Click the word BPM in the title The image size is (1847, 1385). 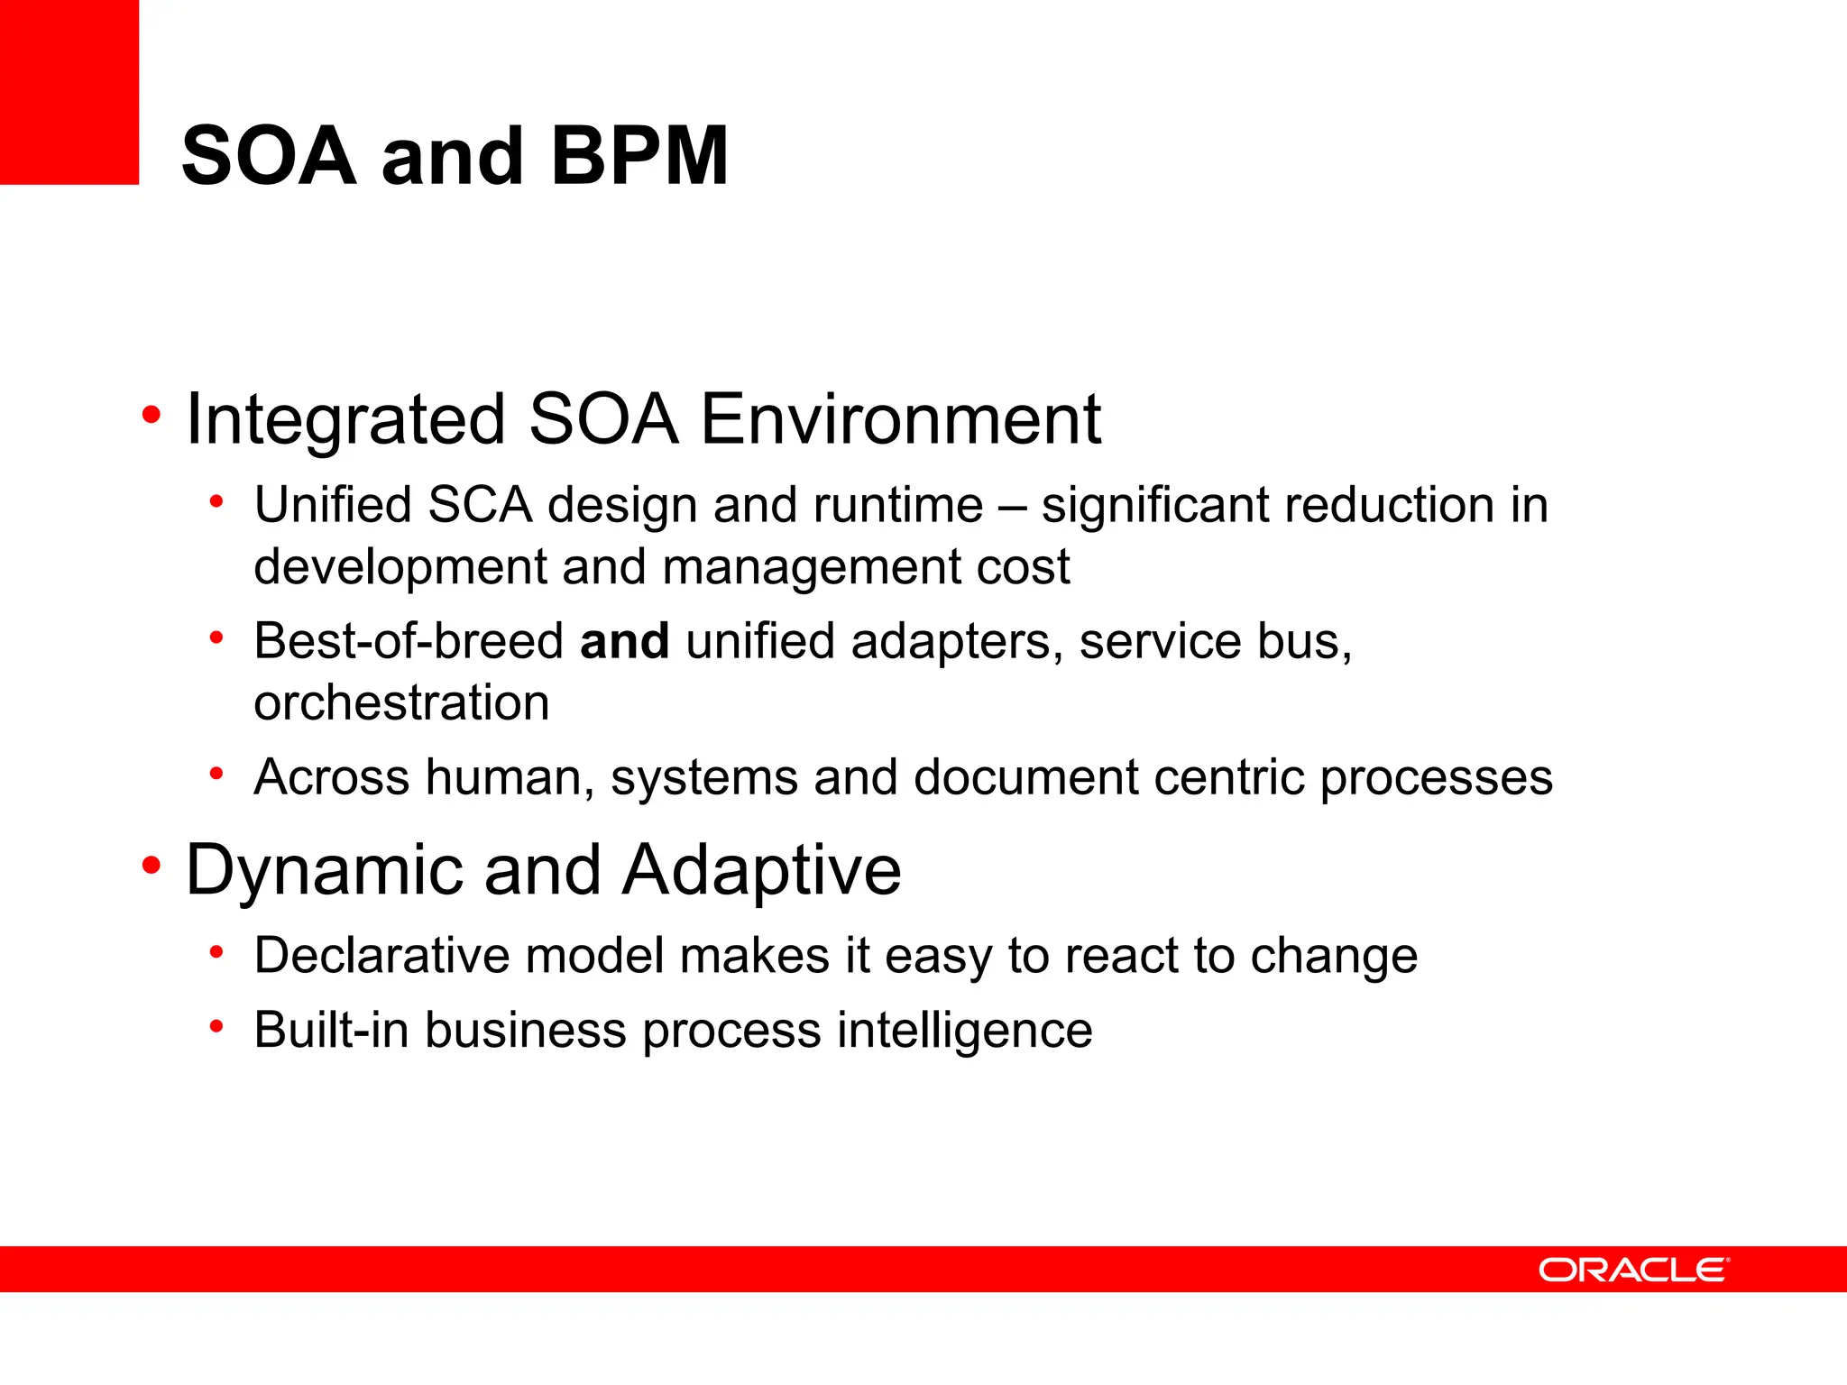point(639,156)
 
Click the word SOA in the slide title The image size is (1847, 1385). point(269,156)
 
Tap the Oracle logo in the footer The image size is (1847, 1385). point(1633,1270)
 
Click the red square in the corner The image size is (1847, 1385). point(69,91)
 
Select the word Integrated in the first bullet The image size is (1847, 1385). point(345,420)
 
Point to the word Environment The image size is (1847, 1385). point(900,420)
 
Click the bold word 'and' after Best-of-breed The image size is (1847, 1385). point(624,641)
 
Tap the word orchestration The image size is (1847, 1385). point(401,702)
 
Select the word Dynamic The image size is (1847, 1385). point(324,870)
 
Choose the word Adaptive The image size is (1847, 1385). point(762,870)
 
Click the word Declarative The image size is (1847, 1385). point(381,956)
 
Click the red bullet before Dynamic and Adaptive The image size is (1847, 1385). point(151,867)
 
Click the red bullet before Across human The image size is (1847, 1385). point(216,774)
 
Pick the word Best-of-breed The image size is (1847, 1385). point(409,641)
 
